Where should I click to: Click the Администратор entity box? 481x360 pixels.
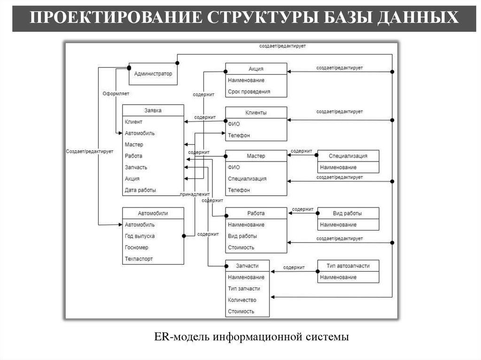point(153,74)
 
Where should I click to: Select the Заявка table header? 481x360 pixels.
point(153,110)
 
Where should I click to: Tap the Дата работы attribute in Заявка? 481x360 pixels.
point(140,190)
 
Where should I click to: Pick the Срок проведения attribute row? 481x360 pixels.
point(249,92)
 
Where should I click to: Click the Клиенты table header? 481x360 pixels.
point(256,113)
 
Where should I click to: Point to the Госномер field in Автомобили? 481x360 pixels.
point(137,247)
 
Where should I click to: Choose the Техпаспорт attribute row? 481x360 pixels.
point(139,259)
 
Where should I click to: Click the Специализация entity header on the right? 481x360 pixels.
point(348,156)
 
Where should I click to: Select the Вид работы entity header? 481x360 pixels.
point(348,213)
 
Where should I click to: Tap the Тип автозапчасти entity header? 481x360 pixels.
point(348,266)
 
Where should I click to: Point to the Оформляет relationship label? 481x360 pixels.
point(116,93)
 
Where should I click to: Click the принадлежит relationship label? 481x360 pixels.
point(194,194)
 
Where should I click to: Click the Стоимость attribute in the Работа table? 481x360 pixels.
point(241,247)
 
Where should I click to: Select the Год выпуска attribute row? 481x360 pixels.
point(140,236)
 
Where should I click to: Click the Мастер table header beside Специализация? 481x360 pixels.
point(256,156)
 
